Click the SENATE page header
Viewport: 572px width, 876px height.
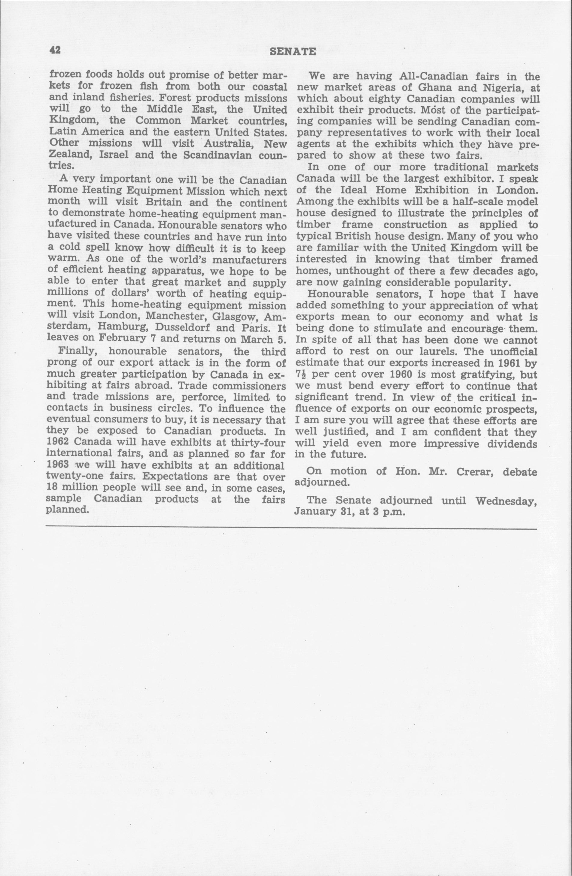[x=293, y=52]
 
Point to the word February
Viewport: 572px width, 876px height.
[x=123, y=339]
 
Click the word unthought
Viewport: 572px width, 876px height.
[x=365, y=271]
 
